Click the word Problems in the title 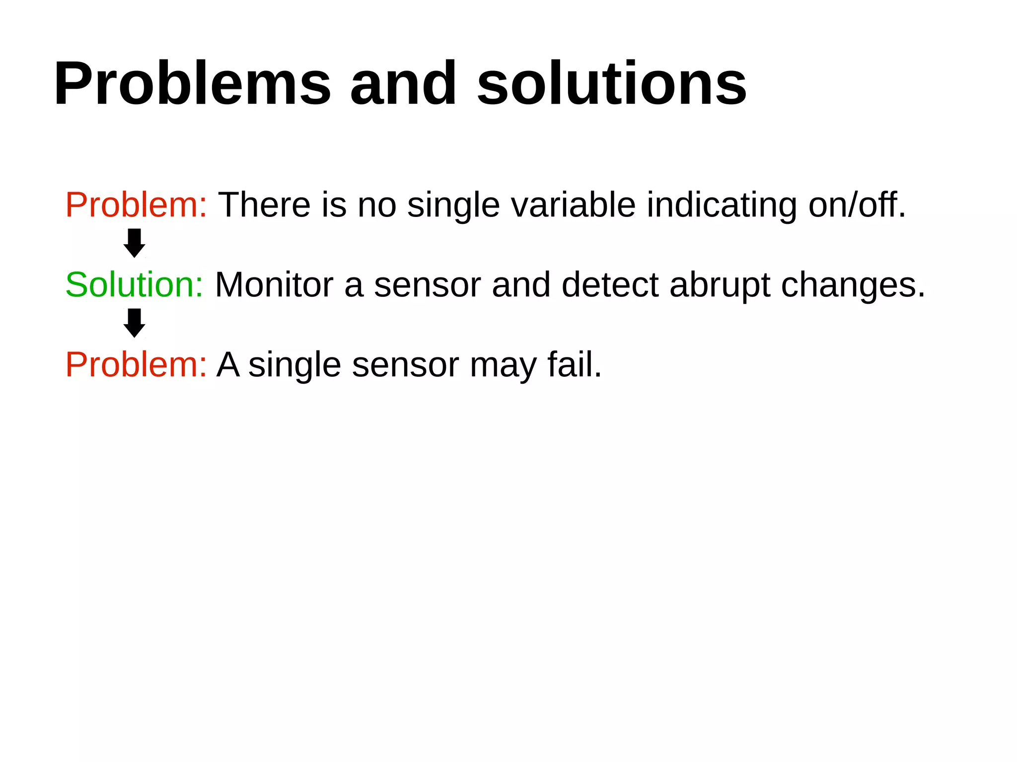coord(192,83)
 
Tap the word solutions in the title coord(611,83)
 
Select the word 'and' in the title coord(403,83)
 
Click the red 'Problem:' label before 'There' coord(136,205)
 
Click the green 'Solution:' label coord(134,285)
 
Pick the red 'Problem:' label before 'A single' coord(136,365)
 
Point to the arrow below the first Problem coord(134,243)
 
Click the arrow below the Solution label coord(134,323)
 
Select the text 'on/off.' coord(857,205)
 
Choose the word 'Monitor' coord(274,285)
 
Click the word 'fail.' coord(575,365)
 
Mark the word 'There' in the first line coord(265,205)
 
